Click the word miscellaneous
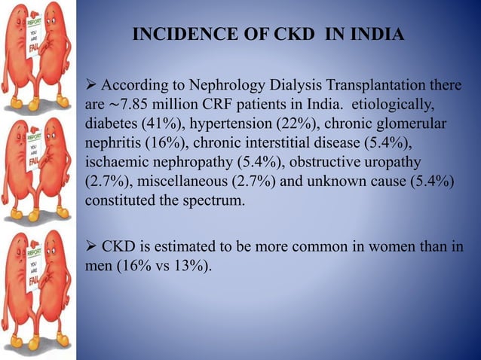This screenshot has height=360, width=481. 180,182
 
